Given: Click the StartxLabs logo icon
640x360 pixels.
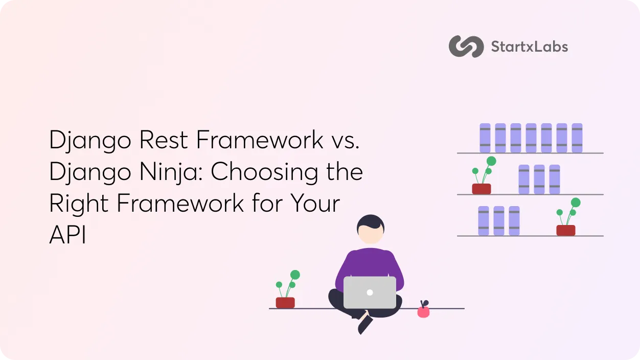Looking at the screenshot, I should point(466,47).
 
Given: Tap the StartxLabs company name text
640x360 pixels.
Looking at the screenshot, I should point(529,47).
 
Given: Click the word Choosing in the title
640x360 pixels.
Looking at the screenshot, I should point(262,171).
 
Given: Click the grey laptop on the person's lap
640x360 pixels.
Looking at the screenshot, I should point(370,292).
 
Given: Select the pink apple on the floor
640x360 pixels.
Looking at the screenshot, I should point(423,311).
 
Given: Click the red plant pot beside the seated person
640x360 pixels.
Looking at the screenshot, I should point(285,302).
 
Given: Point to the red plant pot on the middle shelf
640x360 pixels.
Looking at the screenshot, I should point(481,189).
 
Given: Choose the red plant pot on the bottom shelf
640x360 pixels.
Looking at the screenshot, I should point(566,230).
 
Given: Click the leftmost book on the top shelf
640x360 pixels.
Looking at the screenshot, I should point(485,138).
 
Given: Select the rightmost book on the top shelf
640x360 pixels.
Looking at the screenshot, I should point(577,138).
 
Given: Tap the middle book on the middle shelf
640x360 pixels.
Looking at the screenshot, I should point(539,179).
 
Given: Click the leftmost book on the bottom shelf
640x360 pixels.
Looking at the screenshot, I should point(483,221).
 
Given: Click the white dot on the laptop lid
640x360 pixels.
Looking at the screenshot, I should point(370,292).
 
